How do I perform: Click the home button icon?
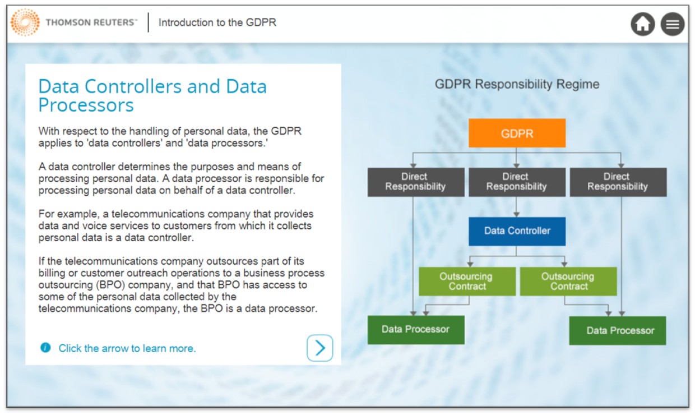642,24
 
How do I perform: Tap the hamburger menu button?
673,24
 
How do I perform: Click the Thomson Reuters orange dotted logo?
25,22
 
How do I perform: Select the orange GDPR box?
517,133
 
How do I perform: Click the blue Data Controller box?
517,231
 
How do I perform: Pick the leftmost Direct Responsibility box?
416,182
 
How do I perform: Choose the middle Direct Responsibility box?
517,182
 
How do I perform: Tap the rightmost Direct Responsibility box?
618,182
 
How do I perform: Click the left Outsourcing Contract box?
467,281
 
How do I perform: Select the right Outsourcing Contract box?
568,281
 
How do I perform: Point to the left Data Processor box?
416,330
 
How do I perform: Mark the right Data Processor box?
618,330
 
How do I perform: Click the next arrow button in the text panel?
320,348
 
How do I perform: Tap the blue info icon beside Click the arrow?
45,347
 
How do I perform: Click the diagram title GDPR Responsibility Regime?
517,84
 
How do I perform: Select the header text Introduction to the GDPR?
217,22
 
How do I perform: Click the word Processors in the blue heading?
86,105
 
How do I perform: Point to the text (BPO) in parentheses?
110,285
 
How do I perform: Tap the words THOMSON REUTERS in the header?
90,22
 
